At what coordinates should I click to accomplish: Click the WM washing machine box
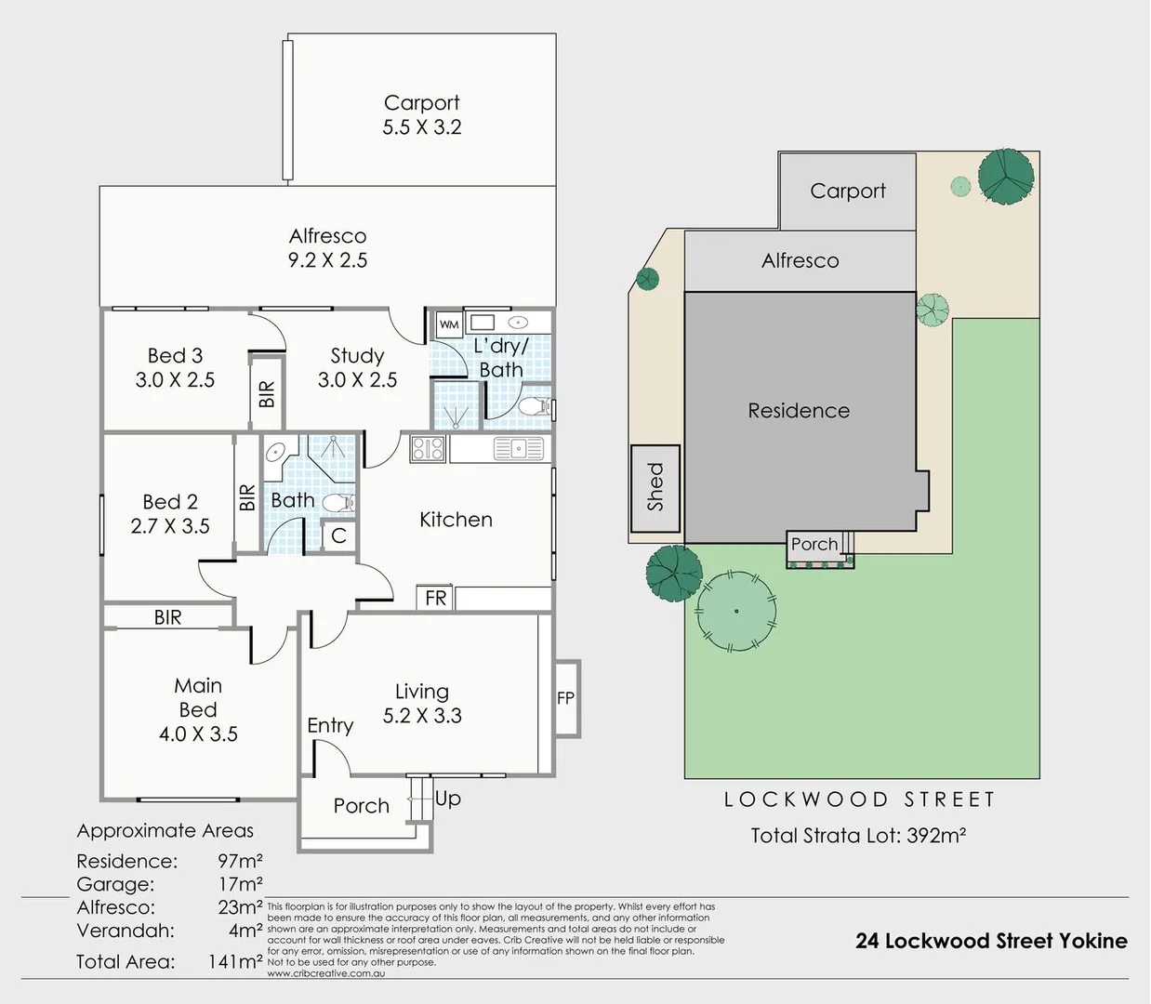(449, 324)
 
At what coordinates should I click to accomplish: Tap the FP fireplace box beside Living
(566, 698)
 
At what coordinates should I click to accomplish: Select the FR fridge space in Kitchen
(435, 598)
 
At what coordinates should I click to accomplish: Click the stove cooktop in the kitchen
(428, 448)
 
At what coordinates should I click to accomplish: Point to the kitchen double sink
(518, 448)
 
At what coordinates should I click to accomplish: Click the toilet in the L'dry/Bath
(534, 407)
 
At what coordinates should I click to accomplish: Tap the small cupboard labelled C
(338, 535)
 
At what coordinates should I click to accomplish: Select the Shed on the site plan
(655, 488)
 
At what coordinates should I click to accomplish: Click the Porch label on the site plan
(814, 544)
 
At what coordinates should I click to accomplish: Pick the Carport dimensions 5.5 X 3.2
(422, 127)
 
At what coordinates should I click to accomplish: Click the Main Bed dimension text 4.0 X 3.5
(198, 734)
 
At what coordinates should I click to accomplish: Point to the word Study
(357, 356)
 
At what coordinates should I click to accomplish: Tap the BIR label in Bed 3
(267, 393)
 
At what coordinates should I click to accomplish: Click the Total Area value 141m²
(235, 961)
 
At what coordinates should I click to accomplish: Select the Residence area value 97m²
(240, 861)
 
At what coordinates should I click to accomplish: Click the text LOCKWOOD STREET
(860, 799)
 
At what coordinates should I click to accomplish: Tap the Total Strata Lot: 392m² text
(858, 835)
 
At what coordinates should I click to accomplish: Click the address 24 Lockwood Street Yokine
(991, 941)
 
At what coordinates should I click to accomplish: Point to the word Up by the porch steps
(448, 799)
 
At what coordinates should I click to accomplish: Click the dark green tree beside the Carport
(1006, 177)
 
